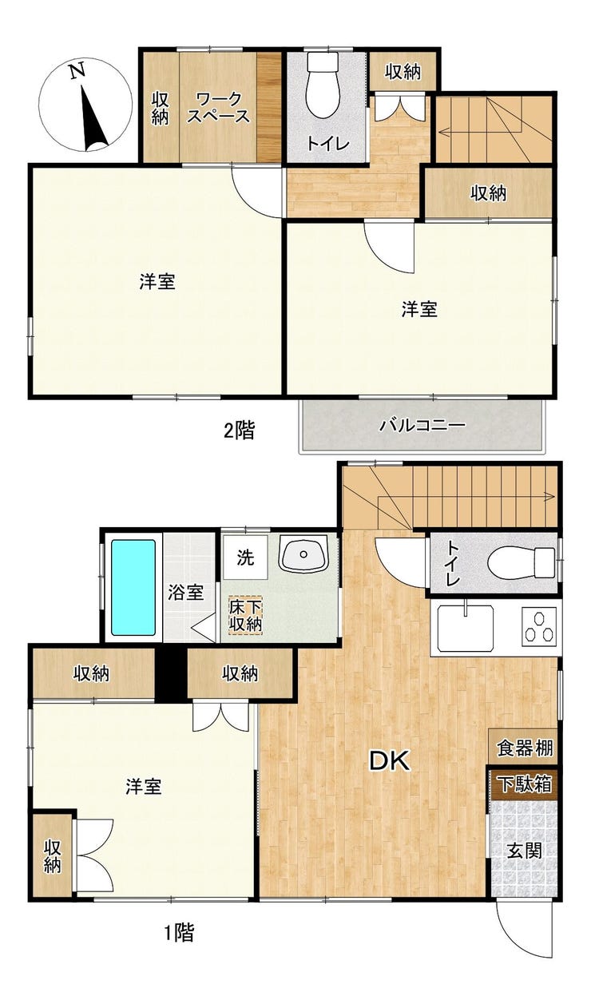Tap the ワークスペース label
[x=218, y=108]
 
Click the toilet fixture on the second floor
[x=324, y=88]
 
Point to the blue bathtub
[x=133, y=587]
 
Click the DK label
[x=389, y=761]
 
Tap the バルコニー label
[x=422, y=425]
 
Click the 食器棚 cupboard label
[x=525, y=748]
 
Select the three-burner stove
[x=539, y=625]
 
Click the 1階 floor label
[x=179, y=932]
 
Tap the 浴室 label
[x=185, y=593]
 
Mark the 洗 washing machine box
[x=246, y=557]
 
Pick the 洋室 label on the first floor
[x=144, y=787]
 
